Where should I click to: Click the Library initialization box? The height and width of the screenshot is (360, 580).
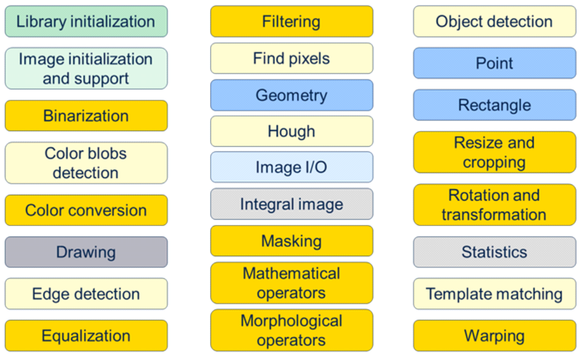86,21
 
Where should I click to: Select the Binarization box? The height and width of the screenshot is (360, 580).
86,116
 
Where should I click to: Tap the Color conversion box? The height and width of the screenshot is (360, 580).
86,210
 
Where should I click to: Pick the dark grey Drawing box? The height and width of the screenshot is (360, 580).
86,252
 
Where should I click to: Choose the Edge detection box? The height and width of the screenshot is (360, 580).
86,294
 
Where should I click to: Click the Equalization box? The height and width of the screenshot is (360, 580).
86,336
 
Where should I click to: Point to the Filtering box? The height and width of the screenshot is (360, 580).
292,21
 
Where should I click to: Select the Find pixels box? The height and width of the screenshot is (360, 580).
292,59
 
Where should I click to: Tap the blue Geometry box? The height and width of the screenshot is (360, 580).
292,95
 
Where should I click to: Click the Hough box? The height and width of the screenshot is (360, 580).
292,131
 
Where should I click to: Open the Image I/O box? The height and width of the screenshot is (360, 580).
292,167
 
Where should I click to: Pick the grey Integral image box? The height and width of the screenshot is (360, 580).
292,204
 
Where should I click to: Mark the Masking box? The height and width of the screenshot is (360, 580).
292,241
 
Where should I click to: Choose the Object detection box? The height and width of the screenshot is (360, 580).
495,21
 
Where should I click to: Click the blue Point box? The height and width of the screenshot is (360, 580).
495,63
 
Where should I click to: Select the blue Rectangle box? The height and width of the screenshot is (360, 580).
495,105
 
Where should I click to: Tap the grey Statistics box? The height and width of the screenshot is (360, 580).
495,252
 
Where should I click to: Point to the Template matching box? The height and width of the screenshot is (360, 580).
495,294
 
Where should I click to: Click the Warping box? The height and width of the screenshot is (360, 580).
495,336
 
